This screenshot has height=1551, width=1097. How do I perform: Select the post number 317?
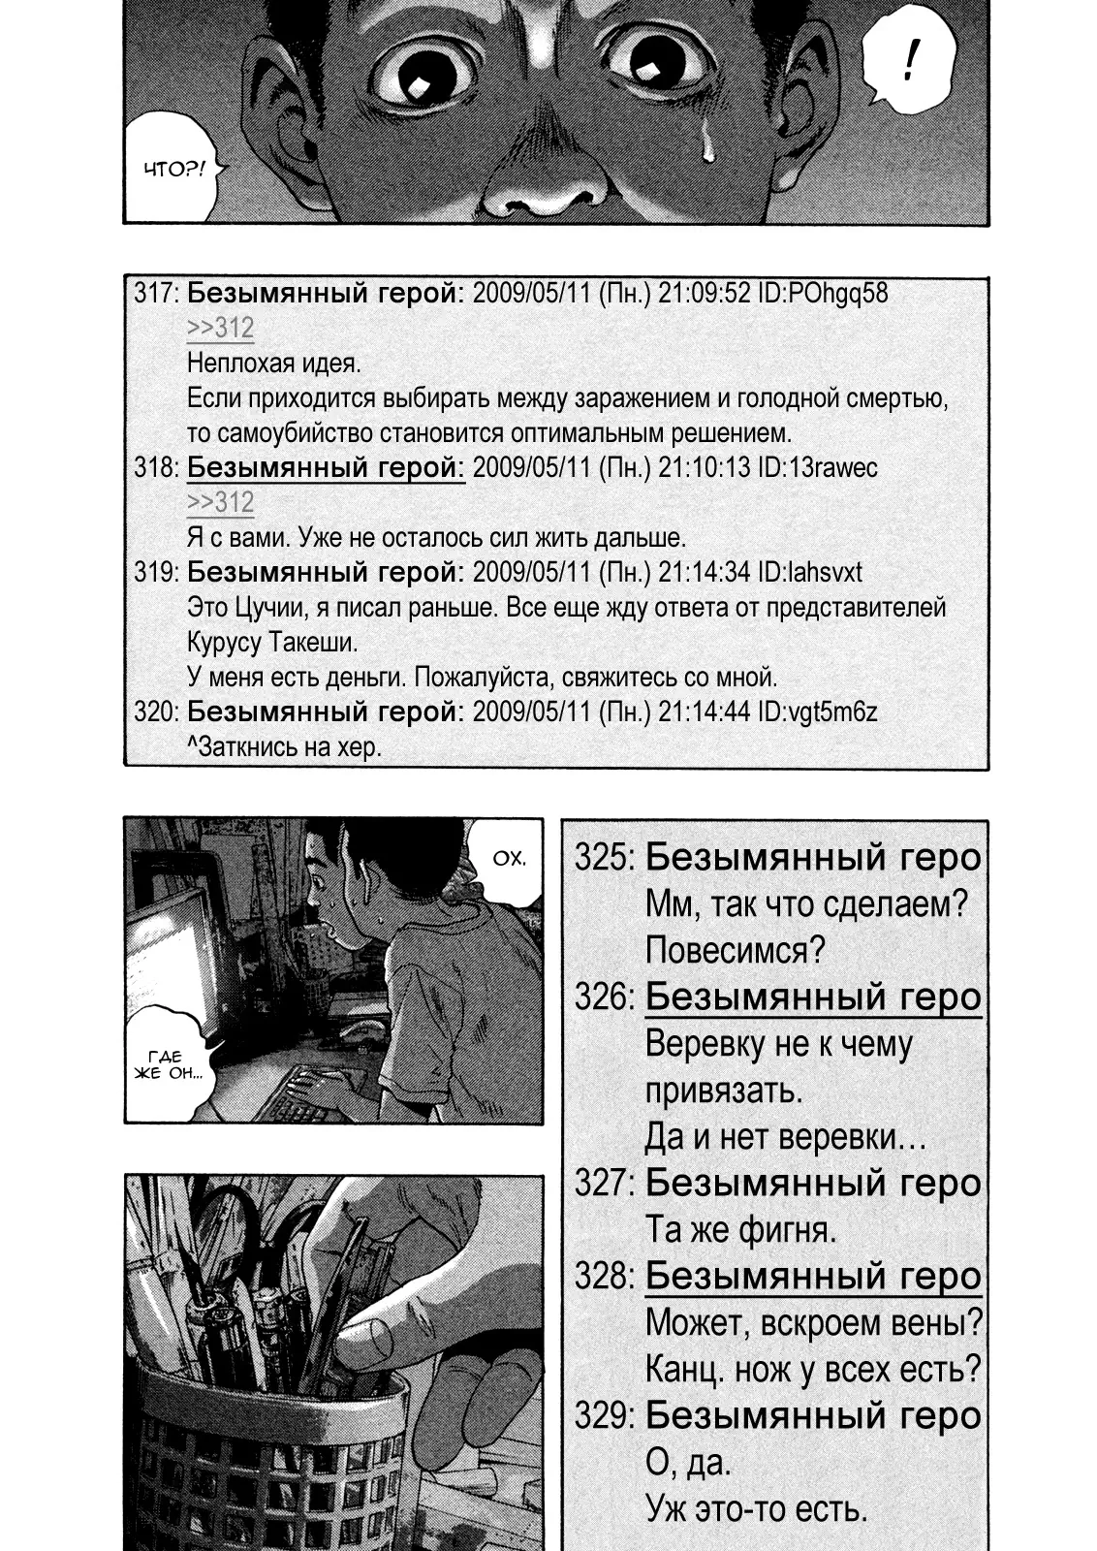(156, 294)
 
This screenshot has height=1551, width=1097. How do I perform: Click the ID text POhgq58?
(835, 294)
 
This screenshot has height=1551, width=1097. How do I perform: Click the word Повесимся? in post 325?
(734, 950)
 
